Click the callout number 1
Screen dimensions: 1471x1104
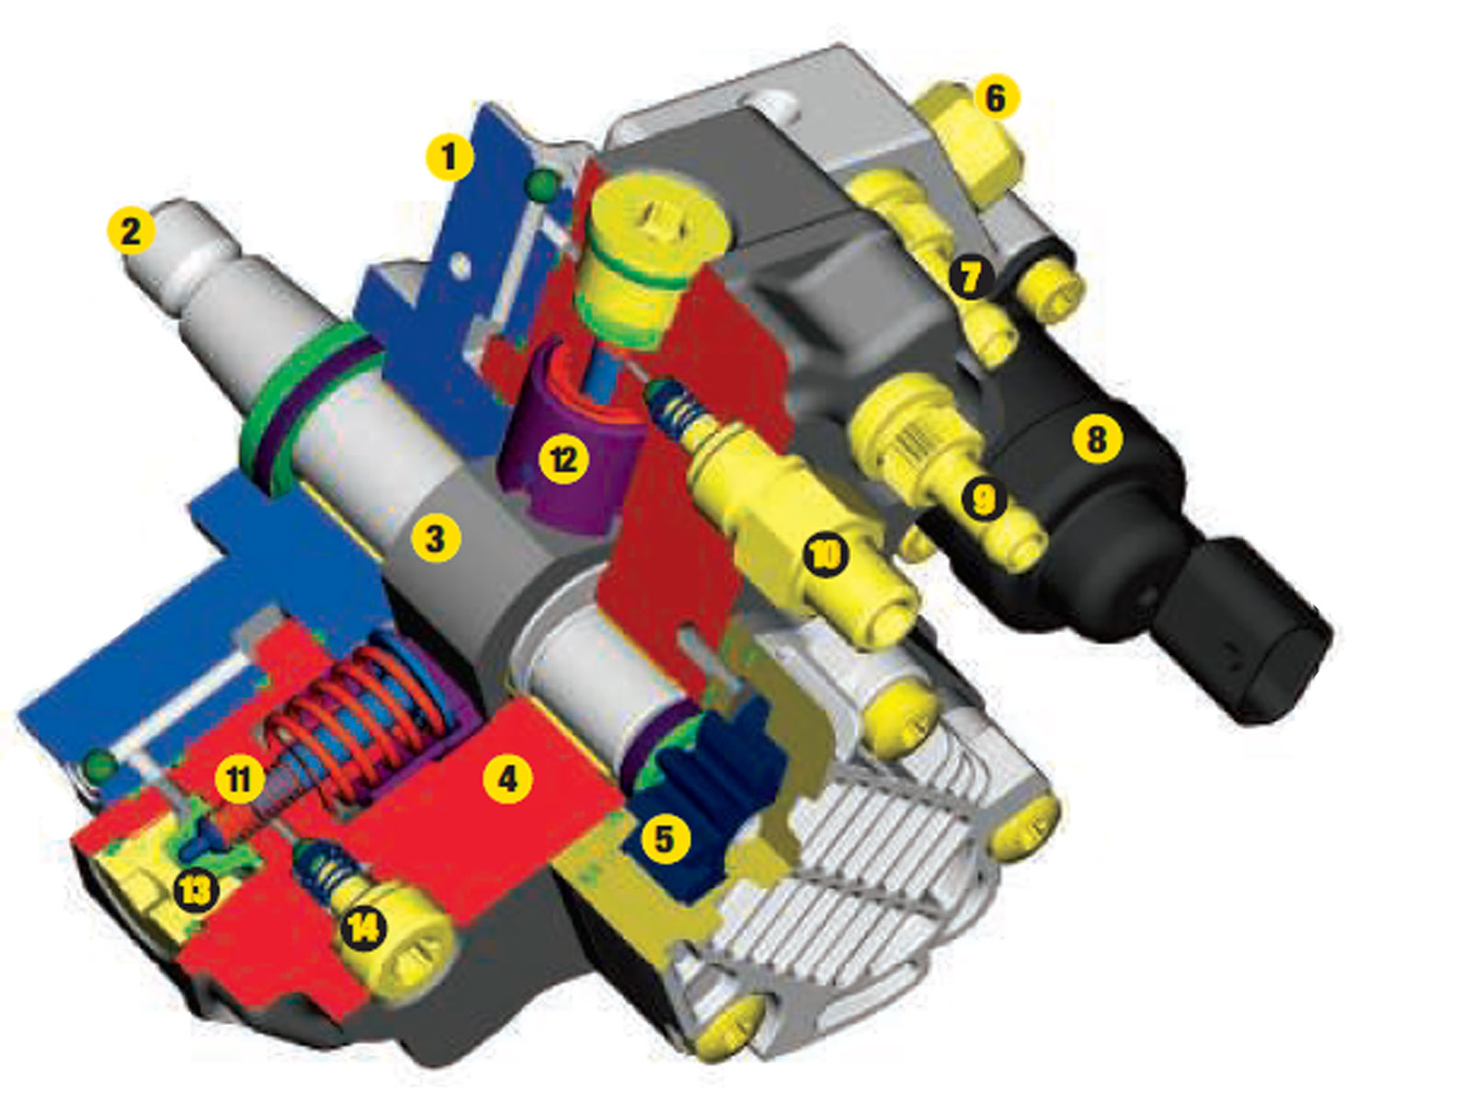pos(450,156)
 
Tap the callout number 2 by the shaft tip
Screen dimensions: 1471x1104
pos(131,231)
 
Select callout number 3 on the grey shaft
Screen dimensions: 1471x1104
pos(436,538)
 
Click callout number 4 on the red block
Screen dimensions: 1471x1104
pos(507,778)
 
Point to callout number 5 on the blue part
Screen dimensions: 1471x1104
pos(664,838)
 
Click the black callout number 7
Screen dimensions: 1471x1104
pos(970,278)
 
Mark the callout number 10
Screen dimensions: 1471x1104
pos(826,555)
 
